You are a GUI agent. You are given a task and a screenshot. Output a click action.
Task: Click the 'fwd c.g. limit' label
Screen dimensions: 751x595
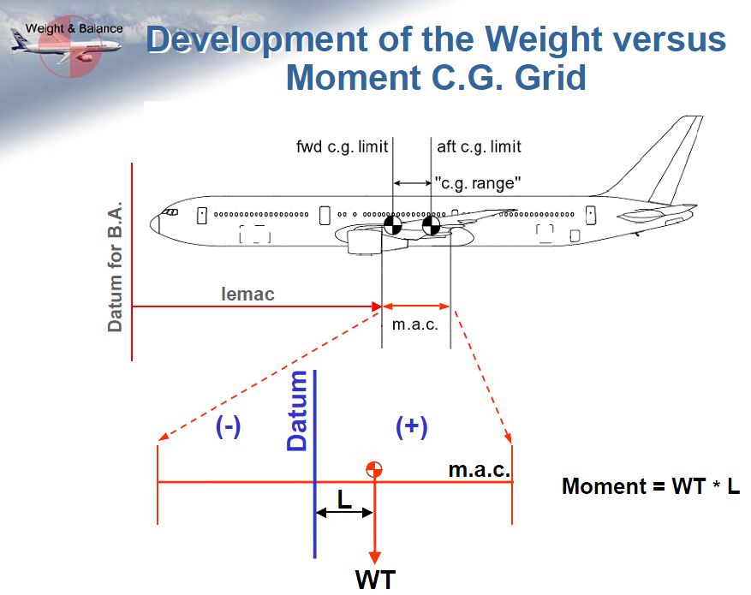[342, 147]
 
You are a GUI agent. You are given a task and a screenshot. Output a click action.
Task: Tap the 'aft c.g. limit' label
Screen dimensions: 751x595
[479, 147]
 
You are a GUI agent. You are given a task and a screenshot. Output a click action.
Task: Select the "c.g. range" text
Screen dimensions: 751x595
[478, 183]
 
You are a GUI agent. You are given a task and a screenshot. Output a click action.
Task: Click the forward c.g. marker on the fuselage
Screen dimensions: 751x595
[393, 224]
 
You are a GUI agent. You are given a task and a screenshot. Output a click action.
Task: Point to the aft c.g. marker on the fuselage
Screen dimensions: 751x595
[431, 224]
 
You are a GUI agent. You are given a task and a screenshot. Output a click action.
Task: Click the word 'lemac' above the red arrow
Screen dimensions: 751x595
[247, 294]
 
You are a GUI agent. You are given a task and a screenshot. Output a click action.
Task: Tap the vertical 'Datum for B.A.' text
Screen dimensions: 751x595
[116, 266]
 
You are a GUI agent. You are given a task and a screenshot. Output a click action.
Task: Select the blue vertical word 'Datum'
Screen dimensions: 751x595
[297, 411]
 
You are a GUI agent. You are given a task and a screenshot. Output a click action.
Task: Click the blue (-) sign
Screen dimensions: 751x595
[228, 426]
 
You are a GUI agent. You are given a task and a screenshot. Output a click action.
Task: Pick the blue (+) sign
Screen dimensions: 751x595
[412, 426]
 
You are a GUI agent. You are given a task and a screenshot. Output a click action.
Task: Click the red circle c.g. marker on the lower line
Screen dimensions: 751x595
[374, 470]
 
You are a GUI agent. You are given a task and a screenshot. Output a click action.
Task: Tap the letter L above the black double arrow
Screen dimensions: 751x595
[344, 499]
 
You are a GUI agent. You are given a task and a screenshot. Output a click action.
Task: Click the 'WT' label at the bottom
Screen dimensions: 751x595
[375, 580]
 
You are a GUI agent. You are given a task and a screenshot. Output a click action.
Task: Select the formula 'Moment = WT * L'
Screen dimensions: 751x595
[651, 486]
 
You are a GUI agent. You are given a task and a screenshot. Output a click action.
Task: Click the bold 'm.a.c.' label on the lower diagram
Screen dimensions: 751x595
[480, 470]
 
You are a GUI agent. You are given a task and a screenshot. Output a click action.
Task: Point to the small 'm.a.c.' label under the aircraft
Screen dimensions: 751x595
[415, 324]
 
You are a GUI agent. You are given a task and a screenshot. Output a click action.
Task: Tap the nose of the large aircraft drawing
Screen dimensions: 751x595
[154, 224]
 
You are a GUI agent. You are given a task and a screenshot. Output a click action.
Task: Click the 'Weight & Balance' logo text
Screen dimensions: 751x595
[75, 29]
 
